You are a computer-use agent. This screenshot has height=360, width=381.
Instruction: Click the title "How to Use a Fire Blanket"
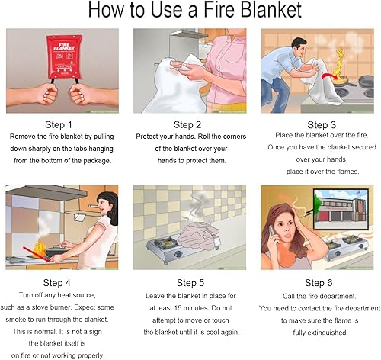click(x=190, y=11)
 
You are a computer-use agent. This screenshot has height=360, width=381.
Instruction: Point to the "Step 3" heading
click(x=319, y=124)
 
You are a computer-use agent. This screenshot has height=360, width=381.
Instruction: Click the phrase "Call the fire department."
click(x=319, y=295)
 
